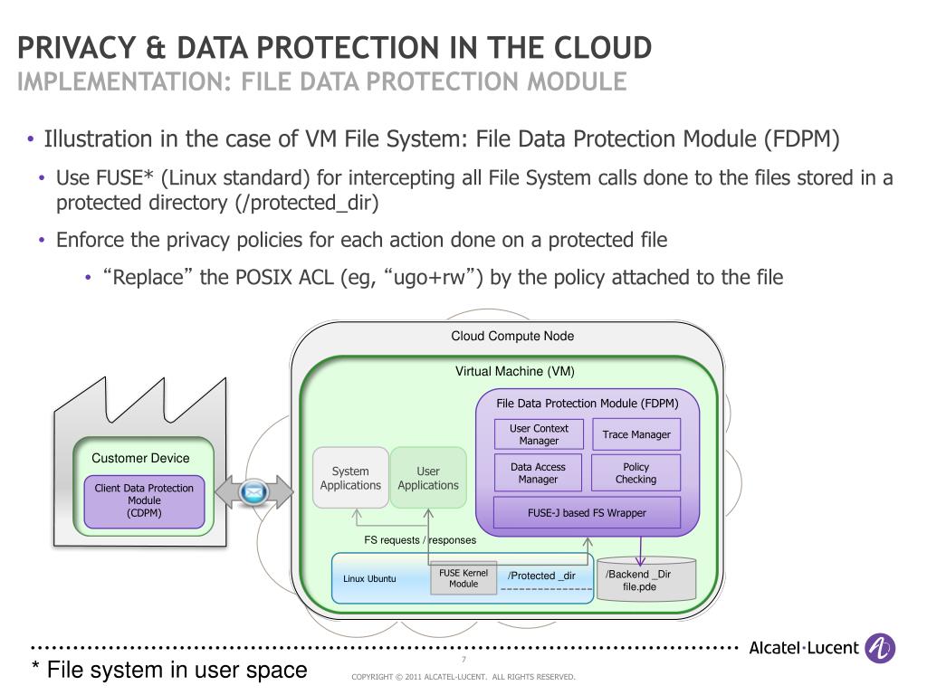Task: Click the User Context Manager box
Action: coord(539,434)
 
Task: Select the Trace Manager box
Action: coord(636,434)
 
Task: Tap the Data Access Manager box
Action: coord(539,473)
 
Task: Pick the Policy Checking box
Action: coord(636,473)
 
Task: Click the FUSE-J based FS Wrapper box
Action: coord(587,513)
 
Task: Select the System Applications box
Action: coord(350,478)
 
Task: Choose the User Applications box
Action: coord(428,478)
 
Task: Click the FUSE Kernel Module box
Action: coord(463,578)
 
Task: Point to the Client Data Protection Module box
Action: coord(144,500)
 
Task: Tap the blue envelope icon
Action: coord(255,491)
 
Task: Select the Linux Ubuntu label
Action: coord(369,578)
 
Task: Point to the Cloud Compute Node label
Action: coord(512,337)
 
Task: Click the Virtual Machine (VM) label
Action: coord(514,371)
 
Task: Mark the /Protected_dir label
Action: coord(541,576)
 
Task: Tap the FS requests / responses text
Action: coord(420,540)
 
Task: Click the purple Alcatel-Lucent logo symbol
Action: coord(880,648)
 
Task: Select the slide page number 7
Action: coord(463,660)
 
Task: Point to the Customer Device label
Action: coord(140,458)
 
